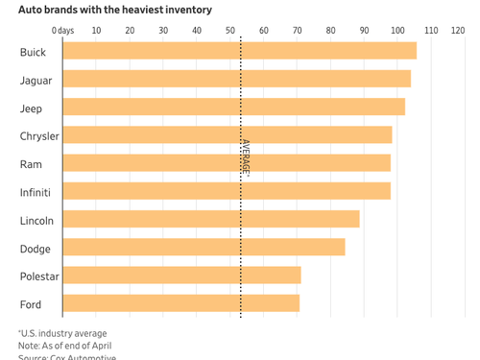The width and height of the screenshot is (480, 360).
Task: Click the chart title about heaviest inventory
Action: pos(115,10)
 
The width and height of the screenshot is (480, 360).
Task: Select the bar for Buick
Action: pos(239,51)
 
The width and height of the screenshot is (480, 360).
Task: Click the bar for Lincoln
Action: pos(211,220)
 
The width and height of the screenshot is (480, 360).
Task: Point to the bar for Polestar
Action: pos(181,276)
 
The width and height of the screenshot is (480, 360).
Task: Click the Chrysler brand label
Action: pos(39,136)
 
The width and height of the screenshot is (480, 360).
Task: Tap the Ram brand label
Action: pos(31,164)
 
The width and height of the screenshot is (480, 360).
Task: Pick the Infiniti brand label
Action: pos(36,192)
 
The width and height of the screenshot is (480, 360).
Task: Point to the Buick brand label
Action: pos(33,52)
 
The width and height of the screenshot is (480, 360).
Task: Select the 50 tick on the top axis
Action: pos(230,31)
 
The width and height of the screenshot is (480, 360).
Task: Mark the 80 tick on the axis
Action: pos(330,31)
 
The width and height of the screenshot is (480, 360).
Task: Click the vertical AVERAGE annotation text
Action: pos(246,157)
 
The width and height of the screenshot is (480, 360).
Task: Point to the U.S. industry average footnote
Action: pos(62,333)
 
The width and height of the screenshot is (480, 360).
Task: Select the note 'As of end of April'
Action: pos(65,346)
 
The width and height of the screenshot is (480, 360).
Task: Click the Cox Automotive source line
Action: pos(67,357)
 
